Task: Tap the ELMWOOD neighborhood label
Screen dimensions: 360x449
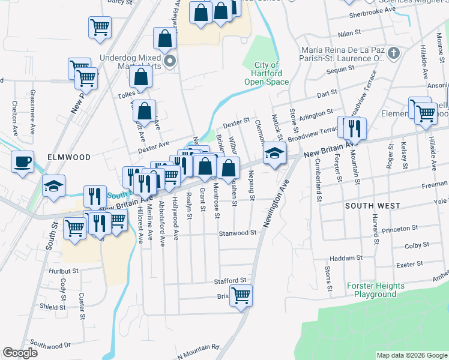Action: [68, 157]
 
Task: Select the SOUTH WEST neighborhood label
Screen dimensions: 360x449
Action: [372, 206]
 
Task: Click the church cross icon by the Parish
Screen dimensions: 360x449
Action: [394, 54]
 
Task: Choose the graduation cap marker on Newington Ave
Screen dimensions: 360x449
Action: [274, 154]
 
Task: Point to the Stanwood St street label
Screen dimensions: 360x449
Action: [238, 233]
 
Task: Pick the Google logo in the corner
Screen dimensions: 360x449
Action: [20, 353]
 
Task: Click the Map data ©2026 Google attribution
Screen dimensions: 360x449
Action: [411, 355]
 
